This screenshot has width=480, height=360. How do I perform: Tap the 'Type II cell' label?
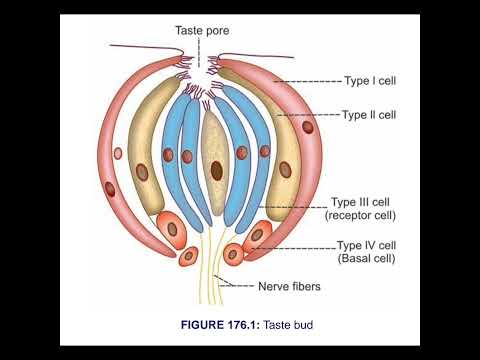click(x=369, y=115)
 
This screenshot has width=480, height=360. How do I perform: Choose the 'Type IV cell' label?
click(x=367, y=245)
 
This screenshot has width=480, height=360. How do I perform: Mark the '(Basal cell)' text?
click(x=367, y=258)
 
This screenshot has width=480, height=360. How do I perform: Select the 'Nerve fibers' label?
click(x=289, y=287)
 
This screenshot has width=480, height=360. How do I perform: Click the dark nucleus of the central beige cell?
click(x=216, y=170)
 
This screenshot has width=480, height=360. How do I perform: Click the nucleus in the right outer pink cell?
click(x=307, y=126)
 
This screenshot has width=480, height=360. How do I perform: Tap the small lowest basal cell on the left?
click(x=187, y=255)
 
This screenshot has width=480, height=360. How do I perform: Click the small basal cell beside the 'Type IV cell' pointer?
click(x=234, y=254)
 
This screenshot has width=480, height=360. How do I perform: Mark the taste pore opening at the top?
click(x=207, y=62)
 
